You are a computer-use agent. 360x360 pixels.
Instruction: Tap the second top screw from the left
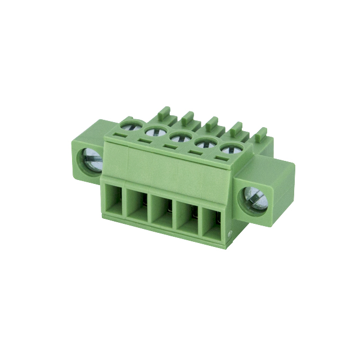click(x=154, y=131)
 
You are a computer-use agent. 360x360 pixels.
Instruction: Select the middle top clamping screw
click(x=179, y=137)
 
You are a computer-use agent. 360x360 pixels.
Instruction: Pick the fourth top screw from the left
click(x=204, y=143)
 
